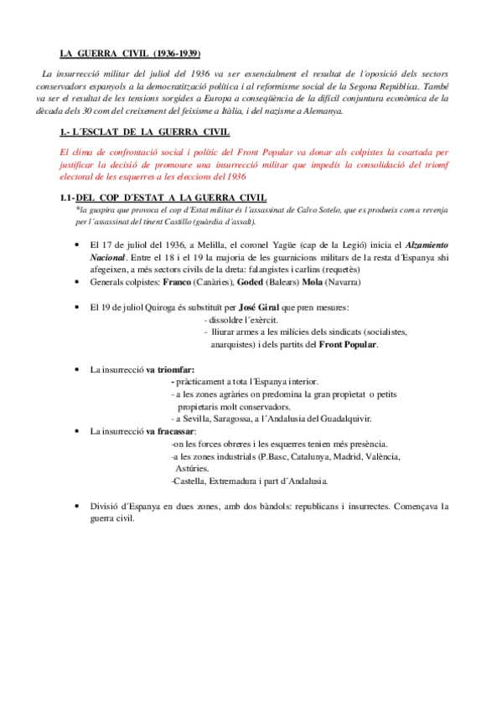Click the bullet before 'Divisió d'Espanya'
click(x=76, y=506)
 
